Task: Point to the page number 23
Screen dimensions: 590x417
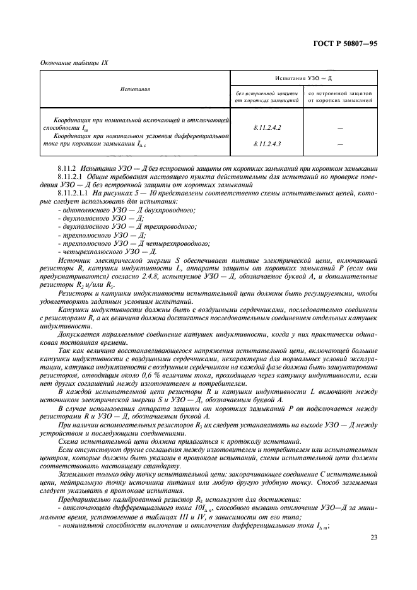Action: [374, 538]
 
